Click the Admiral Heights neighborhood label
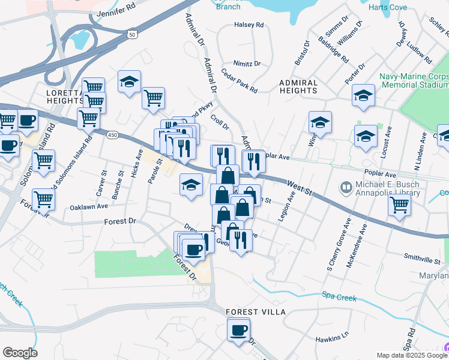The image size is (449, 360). (x=298, y=86)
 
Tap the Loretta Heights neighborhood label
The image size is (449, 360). (x=64, y=97)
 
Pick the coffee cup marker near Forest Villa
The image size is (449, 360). (x=238, y=329)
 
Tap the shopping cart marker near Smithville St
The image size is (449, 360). (x=399, y=205)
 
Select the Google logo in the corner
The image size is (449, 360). (x=20, y=353)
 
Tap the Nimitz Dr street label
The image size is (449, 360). (x=248, y=64)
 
